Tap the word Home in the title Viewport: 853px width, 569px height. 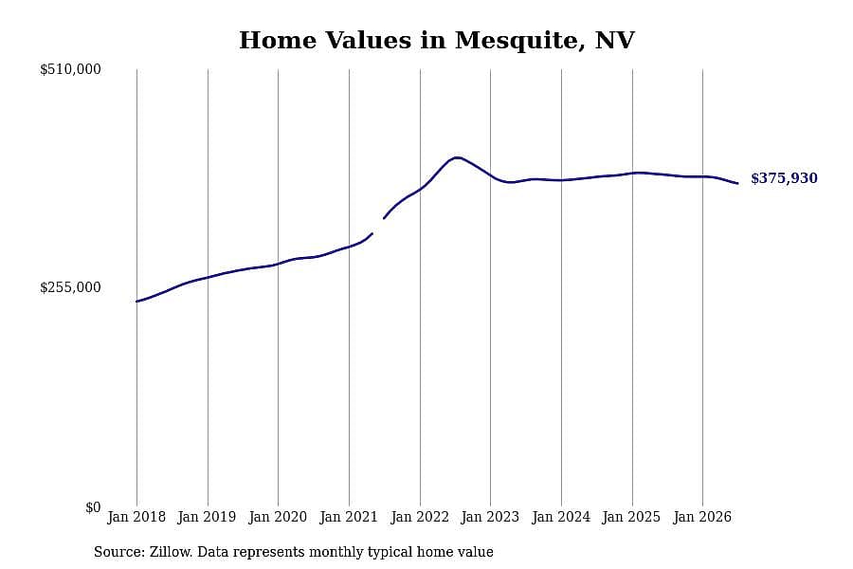278,40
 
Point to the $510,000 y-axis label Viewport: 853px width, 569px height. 70,69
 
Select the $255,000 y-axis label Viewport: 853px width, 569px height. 70,287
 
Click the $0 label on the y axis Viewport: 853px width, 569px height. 93,507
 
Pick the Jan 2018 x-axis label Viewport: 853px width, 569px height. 136,517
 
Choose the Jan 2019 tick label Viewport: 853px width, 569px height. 207,517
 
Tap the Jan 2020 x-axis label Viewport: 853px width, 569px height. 278,517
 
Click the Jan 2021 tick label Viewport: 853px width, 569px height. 349,517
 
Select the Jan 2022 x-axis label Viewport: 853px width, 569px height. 420,517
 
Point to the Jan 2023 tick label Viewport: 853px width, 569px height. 490,517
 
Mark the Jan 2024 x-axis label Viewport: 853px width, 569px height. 561,517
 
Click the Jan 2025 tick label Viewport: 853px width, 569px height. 631,517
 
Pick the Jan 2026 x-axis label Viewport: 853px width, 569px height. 702,517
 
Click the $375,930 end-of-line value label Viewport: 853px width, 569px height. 784,178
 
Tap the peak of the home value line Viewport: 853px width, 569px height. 457,157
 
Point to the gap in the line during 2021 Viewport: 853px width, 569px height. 378,226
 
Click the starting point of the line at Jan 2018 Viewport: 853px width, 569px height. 136,302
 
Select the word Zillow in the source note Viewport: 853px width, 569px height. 171,552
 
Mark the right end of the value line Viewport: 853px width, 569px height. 737,183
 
